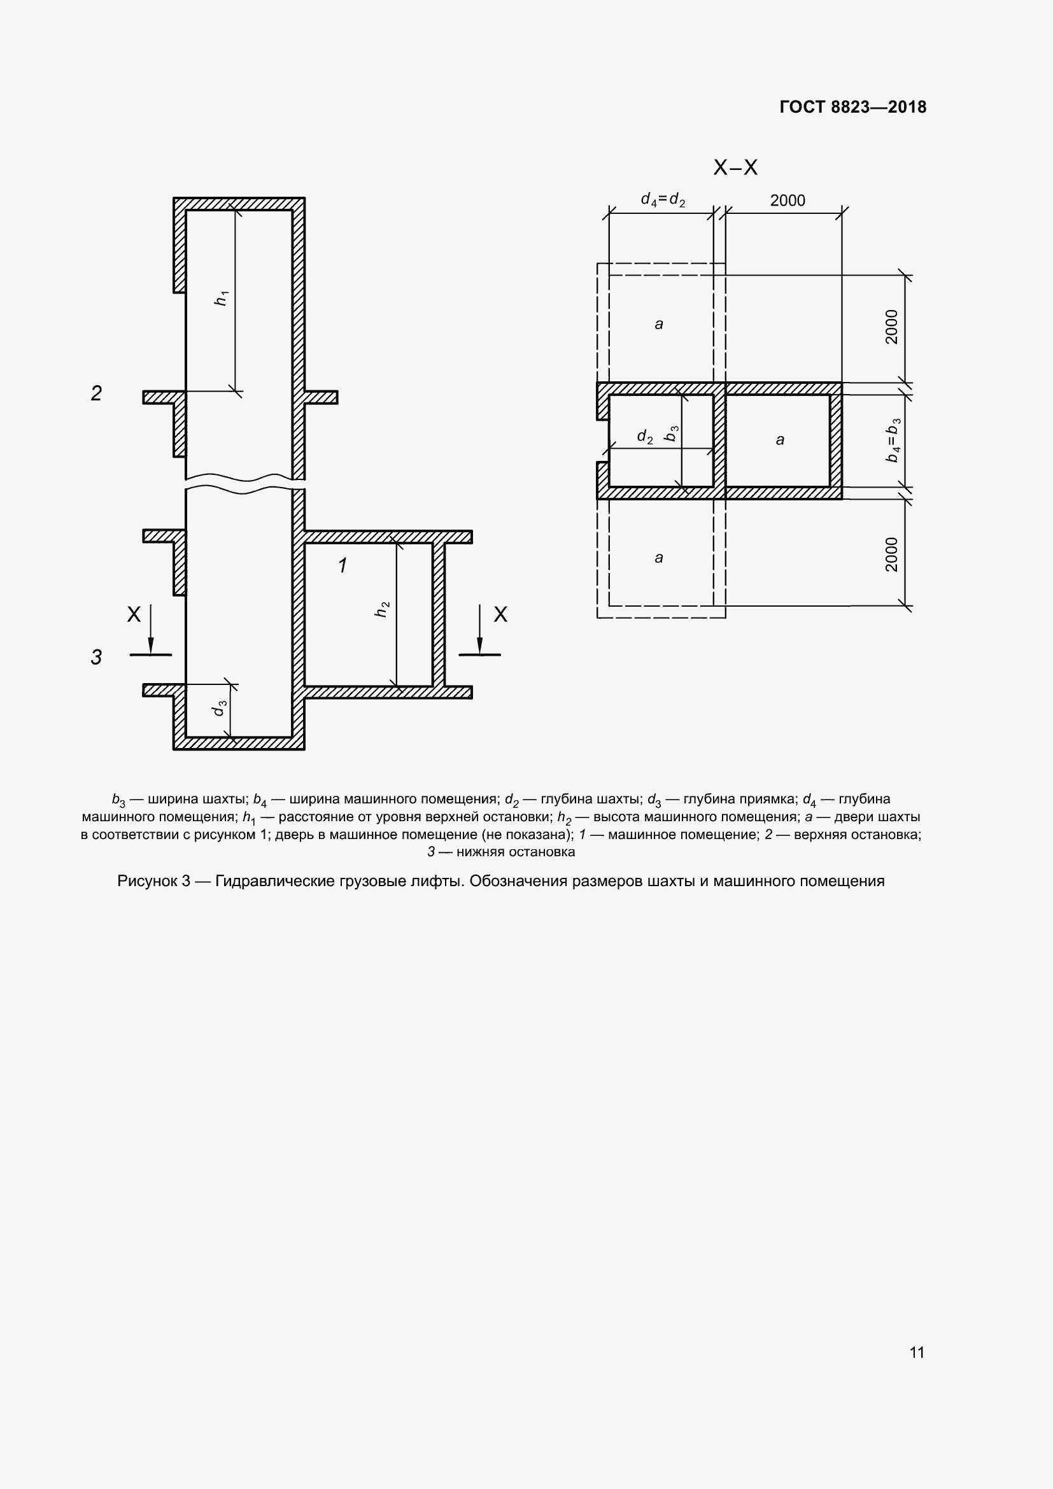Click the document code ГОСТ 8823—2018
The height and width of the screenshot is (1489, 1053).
tap(852, 107)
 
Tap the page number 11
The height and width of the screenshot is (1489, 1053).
tap(917, 1352)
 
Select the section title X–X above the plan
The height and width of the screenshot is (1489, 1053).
tap(735, 168)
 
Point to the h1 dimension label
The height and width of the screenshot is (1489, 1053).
tap(222, 299)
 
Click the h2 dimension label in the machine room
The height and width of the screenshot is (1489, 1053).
tap(383, 609)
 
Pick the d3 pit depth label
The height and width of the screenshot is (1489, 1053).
tap(220, 708)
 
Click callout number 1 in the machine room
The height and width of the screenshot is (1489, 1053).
tap(343, 565)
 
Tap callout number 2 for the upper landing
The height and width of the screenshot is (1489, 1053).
tap(96, 393)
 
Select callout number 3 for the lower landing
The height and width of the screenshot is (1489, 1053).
tap(96, 657)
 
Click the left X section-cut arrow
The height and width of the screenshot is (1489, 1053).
tap(150, 629)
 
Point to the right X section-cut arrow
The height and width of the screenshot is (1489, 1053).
tap(480, 629)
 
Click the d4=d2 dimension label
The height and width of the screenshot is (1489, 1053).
tap(663, 200)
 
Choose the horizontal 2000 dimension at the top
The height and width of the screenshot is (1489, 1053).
tap(787, 201)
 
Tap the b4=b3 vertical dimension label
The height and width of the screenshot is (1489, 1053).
tap(893, 441)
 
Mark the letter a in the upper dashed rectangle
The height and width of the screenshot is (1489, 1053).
tap(659, 323)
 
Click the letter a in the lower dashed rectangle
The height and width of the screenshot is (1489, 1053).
tap(659, 558)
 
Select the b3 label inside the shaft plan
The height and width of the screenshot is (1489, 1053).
tap(672, 434)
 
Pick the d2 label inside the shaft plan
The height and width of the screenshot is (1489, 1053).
tap(644, 437)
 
